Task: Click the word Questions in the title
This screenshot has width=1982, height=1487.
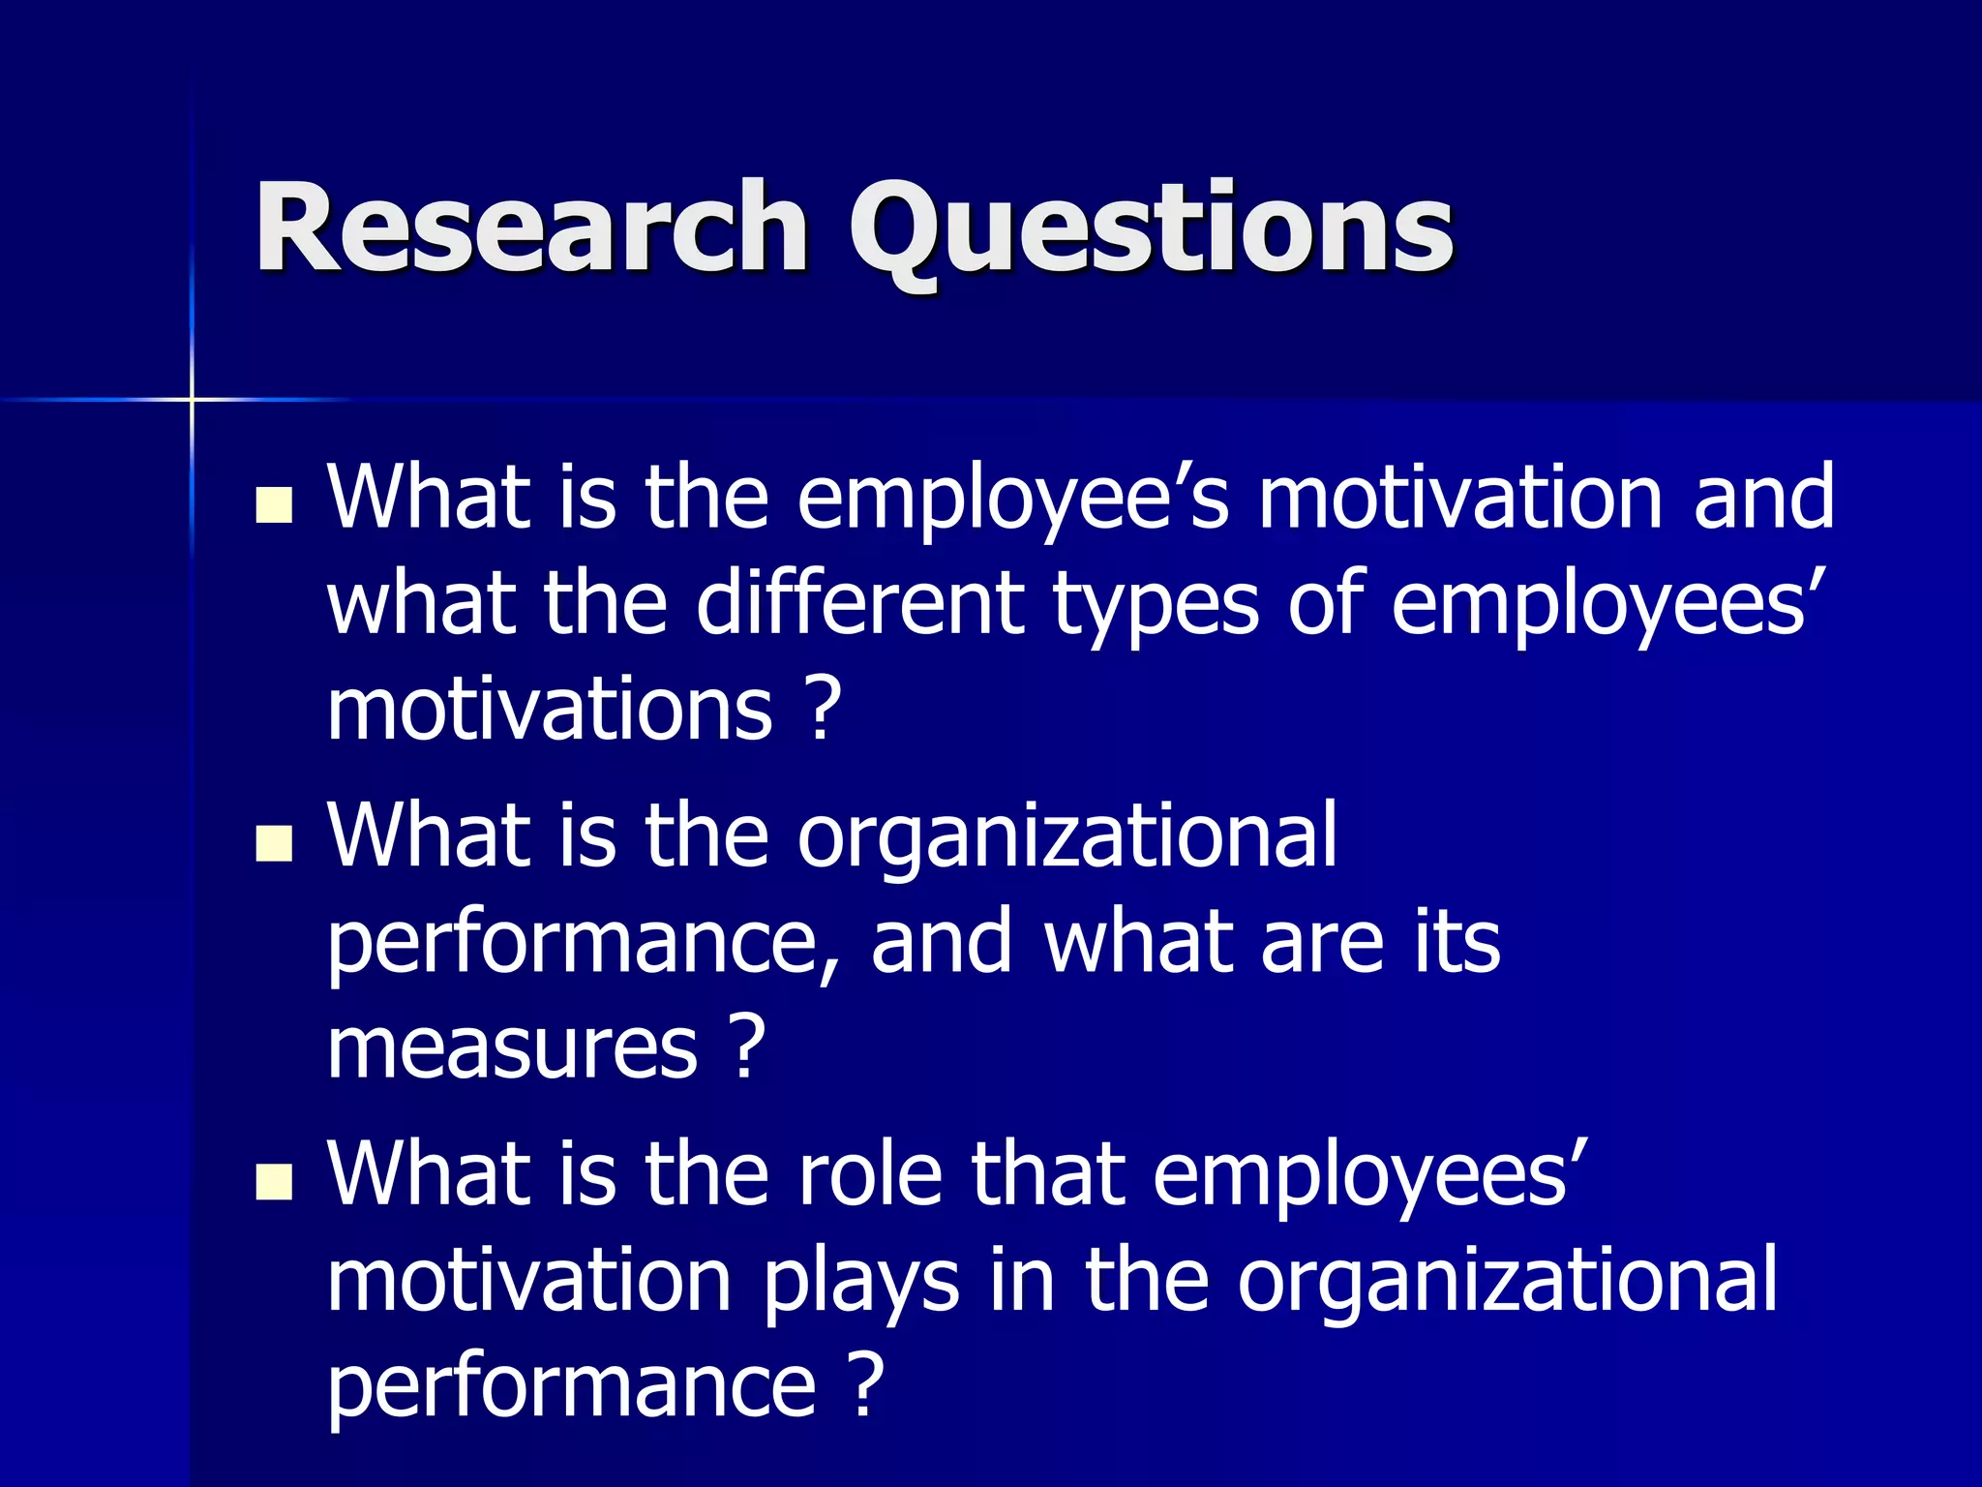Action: click(x=1152, y=232)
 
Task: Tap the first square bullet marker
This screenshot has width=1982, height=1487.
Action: click(x=274, y=504)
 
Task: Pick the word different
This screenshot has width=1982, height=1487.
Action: click(x=859, y=604)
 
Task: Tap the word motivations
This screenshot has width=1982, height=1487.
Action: click(x=550, y=709)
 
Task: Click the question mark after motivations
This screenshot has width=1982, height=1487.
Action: click(x=823, y=709)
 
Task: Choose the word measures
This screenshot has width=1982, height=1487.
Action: click(x=512, y=1047)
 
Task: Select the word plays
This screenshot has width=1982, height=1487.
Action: click(x=861, y=1284)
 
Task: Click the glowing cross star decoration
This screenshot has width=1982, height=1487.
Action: click(x=192, y=399)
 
